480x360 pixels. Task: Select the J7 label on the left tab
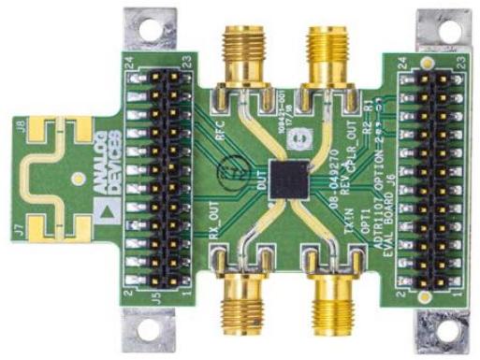click(27, 223)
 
